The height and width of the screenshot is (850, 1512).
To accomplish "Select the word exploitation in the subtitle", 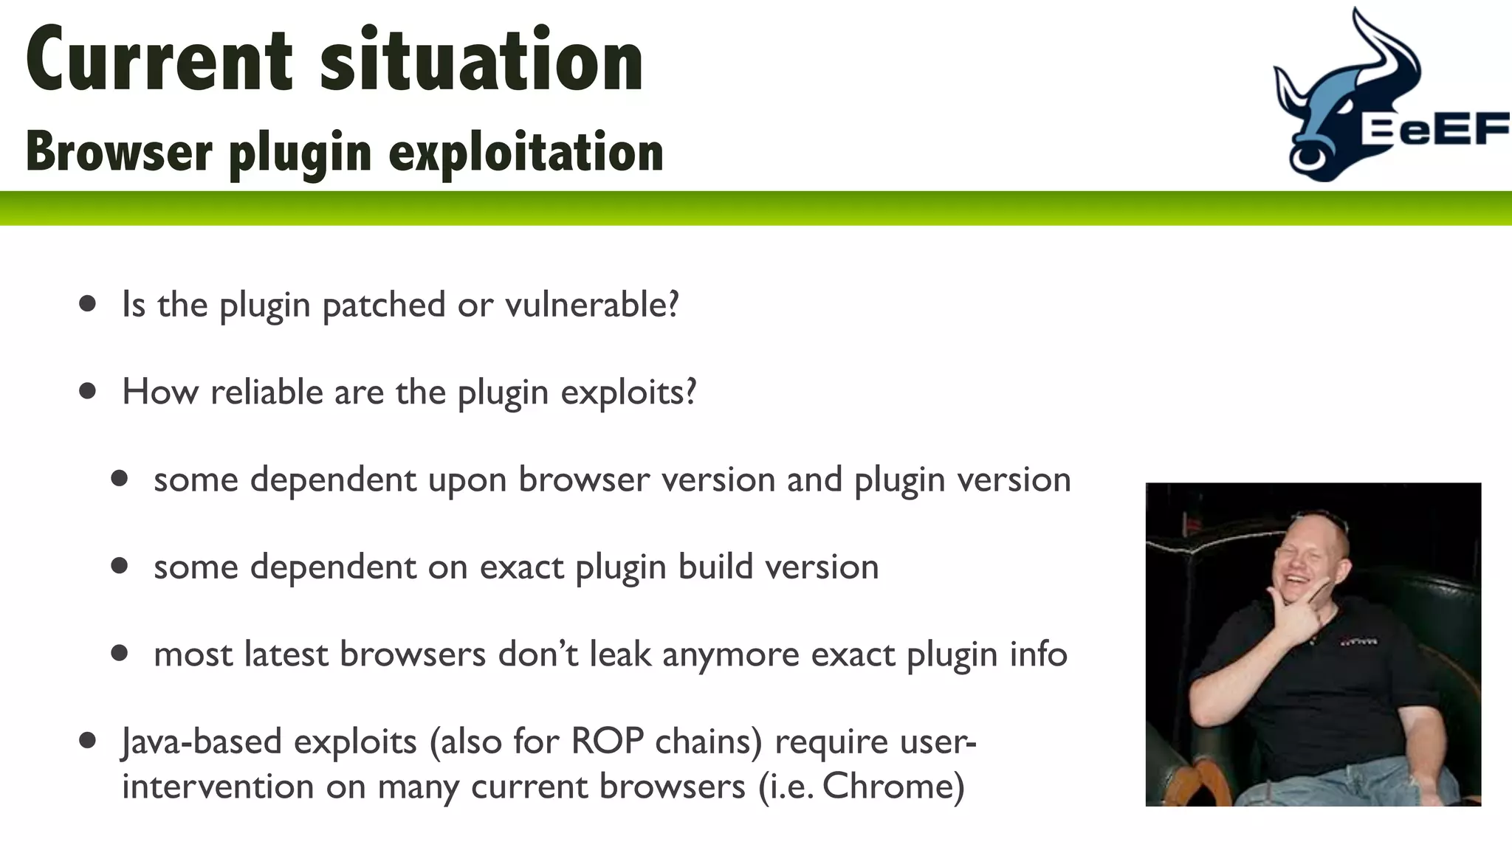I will [x=526, y=153].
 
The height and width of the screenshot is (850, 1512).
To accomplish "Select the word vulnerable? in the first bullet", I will [x=591, y=304].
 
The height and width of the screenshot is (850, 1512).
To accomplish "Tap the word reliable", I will [x=266, y=391].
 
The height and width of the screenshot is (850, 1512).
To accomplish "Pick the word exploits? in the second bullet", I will [x=628, y=392].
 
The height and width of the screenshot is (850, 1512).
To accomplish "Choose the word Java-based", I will [x=202, y=742].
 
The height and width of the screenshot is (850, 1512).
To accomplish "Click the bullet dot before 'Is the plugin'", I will [x=88, y=304].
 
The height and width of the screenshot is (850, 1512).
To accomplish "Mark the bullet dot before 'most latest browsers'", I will [x=120, y=653].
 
